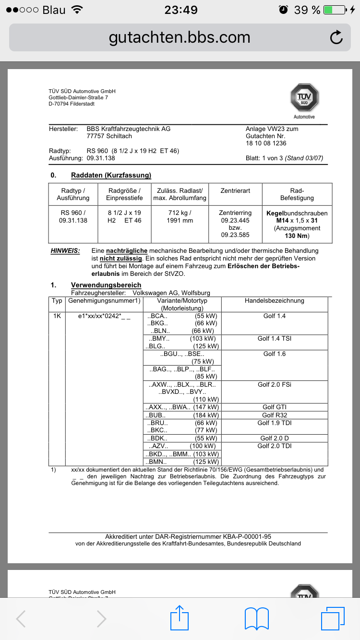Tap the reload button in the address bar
pyautogui.click(x=336, y=37)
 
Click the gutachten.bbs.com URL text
pyautogui.click(x=180, y=37)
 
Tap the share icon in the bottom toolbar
pyautogui.click(x=179, y=618)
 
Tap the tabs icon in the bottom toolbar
pyautogui.click(x=333, y=618)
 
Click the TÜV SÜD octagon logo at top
pyautogui.click(x=304, y=98)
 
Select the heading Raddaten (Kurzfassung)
pyautogui.click(x=111, y=175)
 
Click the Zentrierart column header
pyautogui.click(x=235, y=190)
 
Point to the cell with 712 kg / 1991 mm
pyautogui.click(x=180, y=216)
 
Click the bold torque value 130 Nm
pyautogui.click(x=297, y=236)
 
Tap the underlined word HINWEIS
pyautogui.click(x=65, y=251)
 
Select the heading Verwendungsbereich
pyautogui.click(x=106, y=285)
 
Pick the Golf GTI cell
pyautogui.click(x=275, y=407)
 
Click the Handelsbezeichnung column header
pyautogui.click(x=275, y=301)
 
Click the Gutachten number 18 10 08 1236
pyautogui.click(x=266, y=143)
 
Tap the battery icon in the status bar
pyautogui.click(x=335, y=10)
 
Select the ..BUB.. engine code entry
pyautogui.click(x=157, y=415)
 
